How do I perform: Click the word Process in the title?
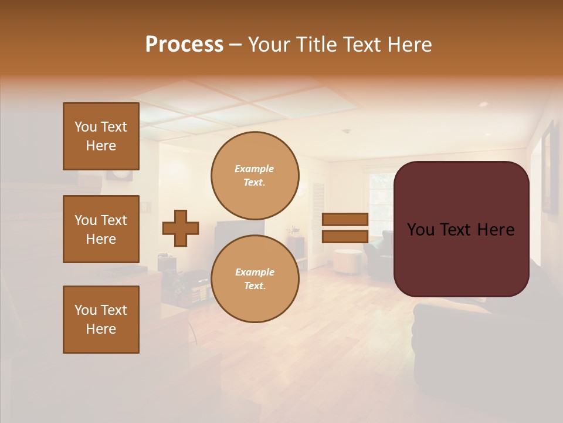click(x=184, y=45)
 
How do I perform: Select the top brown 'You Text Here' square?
click(x=101, y=136)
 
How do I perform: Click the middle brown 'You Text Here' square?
click(x=101, y=229)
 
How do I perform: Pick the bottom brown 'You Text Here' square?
click(x=101, y=319)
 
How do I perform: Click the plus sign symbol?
click(x=181, y=228)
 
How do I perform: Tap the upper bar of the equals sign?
click(x=345, y=219)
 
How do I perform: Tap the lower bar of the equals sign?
click(x=345, y=237)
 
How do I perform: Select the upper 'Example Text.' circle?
click(x=255, y=175)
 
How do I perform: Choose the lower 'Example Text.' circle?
click(x=255, y=278)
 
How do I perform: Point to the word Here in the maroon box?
click(x=496, y=230)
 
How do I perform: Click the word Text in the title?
click(x=364, y=45)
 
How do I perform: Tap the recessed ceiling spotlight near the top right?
click(x=483, y=104)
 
